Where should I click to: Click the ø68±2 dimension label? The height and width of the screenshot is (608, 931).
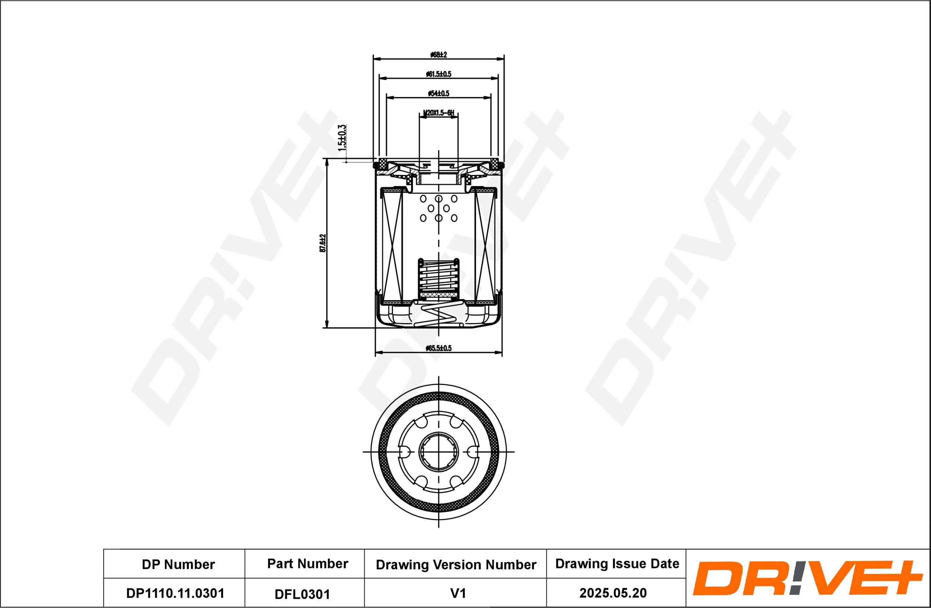pyautogui.click(x=439, y=55)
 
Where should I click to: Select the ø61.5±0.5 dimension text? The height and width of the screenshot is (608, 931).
pyautogui.click(x=439, y=74)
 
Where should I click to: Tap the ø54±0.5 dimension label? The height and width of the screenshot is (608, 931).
pyautogui.click(x=439, y=93)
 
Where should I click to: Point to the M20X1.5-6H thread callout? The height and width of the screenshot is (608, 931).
pyautogui.click(x=439, y=113)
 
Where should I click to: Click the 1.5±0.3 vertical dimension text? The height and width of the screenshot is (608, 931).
pyautogui.click(x=342, y=138)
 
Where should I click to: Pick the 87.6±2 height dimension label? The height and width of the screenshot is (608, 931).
pyautogui.click(x=323, y=243)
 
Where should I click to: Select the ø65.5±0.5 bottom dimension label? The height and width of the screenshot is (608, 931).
pyautogui.click(x=439, y=348)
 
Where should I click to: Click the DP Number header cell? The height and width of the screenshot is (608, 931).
pyautogui.click(x=178, y=564)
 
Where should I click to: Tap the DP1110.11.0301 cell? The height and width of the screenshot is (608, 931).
pyautogui.click(x=175, y=593)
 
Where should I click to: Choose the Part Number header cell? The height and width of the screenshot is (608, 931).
pyautogui.click(x=308, y=563)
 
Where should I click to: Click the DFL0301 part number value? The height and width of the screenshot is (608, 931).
pyautogui.click(x=302, y=594)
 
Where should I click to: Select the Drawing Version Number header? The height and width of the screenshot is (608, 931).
pyautogui.click(x=456, y=564)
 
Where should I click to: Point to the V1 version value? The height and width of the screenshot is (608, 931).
pyautogui.click(x=458, y=593)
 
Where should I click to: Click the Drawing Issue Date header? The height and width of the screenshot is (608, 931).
pyautogui.click(x=617, y=563)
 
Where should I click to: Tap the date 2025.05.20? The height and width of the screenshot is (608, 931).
pyautogui.click(x=613, y=593)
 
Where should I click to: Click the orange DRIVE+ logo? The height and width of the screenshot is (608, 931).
pyautogui.click(x=807, y=578)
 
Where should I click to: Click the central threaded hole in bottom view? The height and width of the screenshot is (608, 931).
pyautogui.click(x=439, y=452)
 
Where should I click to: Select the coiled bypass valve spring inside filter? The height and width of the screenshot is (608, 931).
pyautogui.click(x=439, y=278)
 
